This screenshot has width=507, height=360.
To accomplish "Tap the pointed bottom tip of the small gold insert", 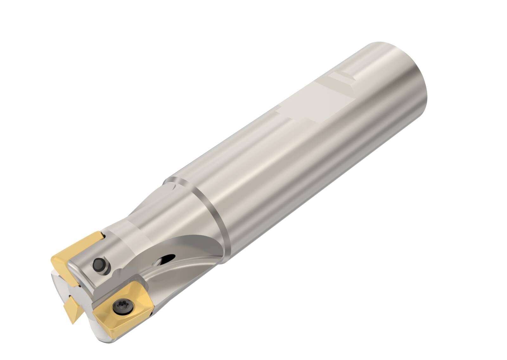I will (x=73, y=324).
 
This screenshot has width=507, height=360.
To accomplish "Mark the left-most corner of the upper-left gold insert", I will (x=51, y=258).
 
